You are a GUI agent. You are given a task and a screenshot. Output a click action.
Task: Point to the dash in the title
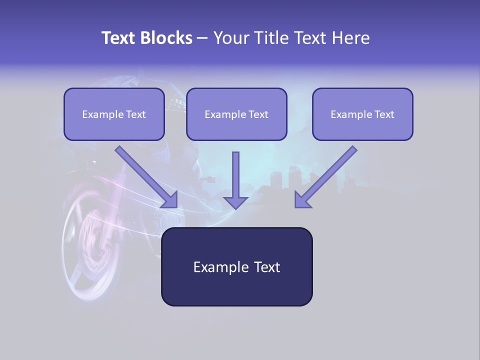202,38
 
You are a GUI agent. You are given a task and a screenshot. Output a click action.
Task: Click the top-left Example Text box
114,114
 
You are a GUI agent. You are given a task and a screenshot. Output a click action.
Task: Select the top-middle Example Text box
236,114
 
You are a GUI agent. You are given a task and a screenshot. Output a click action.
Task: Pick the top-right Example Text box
362,114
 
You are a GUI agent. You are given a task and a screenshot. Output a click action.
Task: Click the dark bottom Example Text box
236,266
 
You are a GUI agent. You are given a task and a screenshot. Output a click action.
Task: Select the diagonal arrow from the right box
325,177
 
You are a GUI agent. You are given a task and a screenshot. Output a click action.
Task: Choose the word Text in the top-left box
135,114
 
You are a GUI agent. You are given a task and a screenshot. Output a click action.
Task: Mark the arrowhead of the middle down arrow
235,202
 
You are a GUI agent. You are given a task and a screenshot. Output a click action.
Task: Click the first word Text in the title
120,38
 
